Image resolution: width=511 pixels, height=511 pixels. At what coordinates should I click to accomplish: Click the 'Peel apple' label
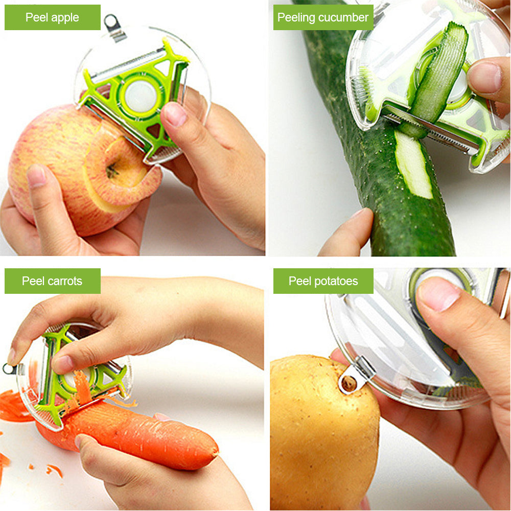pyautogui.click(x=52, y=17)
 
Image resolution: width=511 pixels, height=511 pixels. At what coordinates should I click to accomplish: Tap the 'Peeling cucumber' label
pyautogui.click(x=323, y=17)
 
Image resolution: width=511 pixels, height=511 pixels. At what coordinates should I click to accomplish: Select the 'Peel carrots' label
pyautogui.click(x=52, y=281)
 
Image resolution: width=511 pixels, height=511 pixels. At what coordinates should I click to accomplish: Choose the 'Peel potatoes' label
pyautogui.click(x=323, y=281)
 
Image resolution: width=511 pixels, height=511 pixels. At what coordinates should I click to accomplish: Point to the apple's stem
pyautogui.click(x=111, y=171)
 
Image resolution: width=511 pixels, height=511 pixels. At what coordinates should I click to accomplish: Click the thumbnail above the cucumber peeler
pyautogui.click(x=484, y=76)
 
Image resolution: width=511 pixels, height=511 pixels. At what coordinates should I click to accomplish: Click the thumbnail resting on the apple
pyautogui.click(x=37, y=176)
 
